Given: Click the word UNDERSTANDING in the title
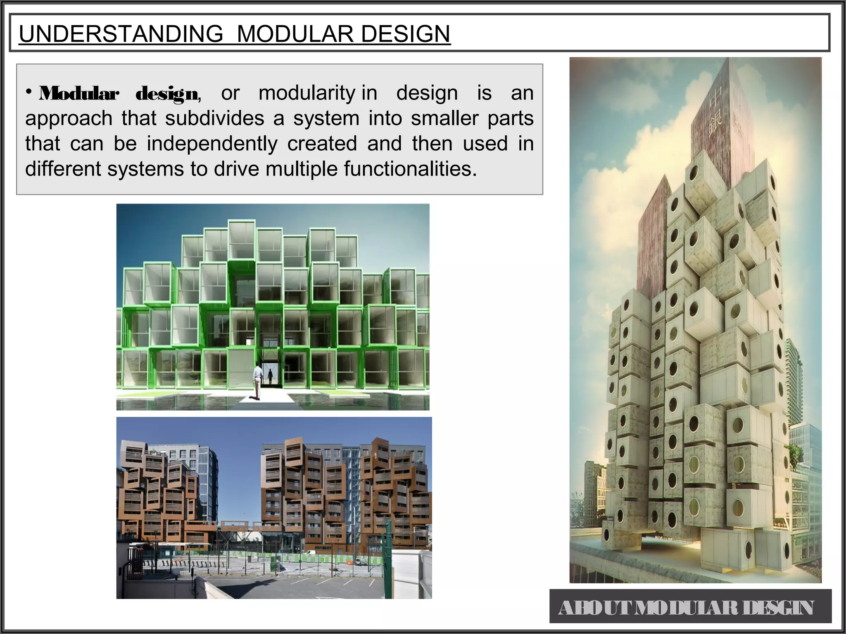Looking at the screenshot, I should click(121, 34).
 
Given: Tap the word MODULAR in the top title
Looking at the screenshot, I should click(295, 34).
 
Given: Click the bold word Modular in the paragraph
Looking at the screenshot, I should click(79, 94).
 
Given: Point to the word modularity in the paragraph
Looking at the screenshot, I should click(306, 93).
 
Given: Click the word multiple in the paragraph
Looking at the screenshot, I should click(301, 169).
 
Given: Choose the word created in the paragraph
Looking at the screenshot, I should click(322, 144).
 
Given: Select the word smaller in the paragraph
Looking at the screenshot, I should click(445, 118).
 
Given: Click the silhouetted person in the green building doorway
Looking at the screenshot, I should click(271, 376).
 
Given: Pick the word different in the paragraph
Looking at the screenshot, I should click(63, 169).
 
